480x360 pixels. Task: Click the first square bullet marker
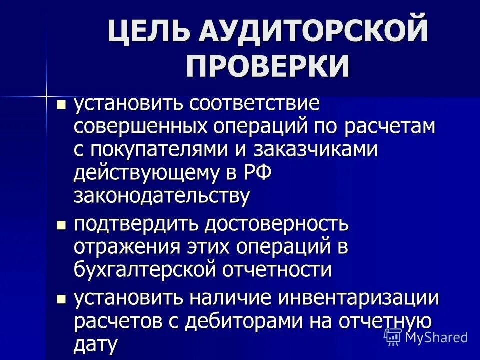(61, 105)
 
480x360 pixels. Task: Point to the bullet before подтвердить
(61, 225)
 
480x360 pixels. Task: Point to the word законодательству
(161, 196)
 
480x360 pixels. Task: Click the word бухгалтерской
(147, 270)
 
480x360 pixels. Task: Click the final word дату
(96, 344)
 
